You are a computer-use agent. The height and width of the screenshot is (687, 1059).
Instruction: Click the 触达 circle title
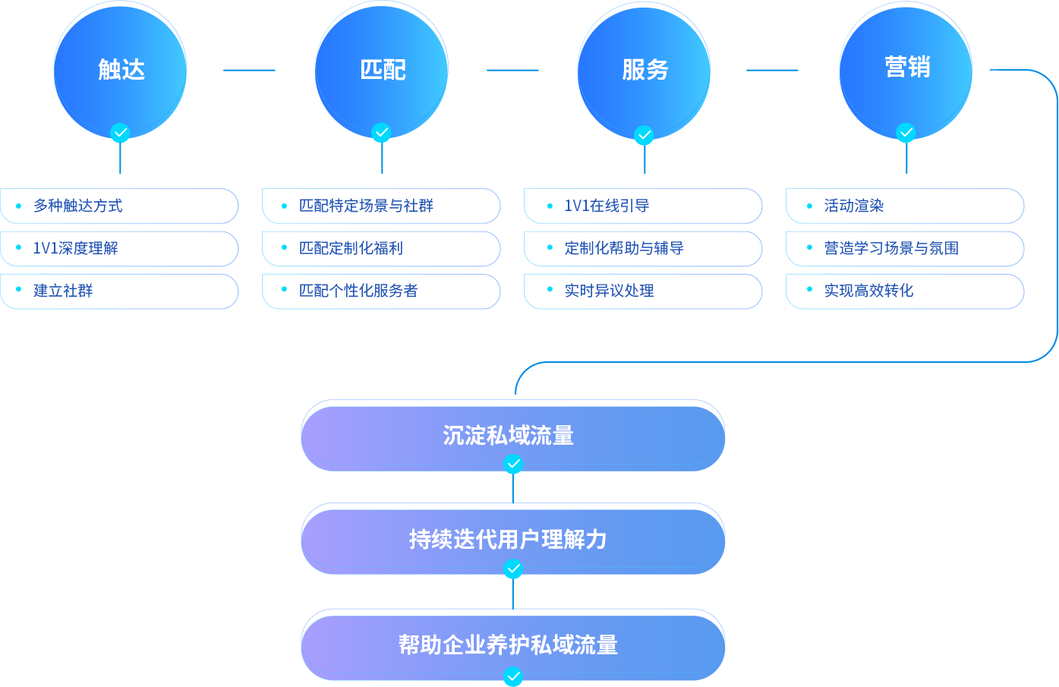[x=121, y=70]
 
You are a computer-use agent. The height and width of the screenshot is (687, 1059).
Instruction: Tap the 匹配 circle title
[x=383, y=70]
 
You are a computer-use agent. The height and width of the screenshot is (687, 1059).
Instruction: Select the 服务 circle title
[x=645, y=70]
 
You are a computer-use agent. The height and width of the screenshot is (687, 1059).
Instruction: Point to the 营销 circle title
[x=907, y=67]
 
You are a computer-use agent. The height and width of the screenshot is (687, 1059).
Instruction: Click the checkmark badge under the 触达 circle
[x=120, y=133]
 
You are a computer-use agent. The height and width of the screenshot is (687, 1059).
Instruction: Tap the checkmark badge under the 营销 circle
[x=906, y=133]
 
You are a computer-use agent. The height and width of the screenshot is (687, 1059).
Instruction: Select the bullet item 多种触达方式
[x=78, y=206]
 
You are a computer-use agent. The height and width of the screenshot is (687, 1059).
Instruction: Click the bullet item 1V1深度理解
[x=76, y=248]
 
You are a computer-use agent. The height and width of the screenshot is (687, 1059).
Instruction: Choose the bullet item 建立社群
[x=63, y=290]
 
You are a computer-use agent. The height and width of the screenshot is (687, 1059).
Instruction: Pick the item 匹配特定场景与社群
[x=366, y=206]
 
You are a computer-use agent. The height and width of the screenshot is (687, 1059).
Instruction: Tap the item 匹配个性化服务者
[x=358, y=290]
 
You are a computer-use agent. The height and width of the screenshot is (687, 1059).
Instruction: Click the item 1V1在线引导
[x=607, y=206]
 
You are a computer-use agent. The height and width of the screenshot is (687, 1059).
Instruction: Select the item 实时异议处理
[x=610, y=290]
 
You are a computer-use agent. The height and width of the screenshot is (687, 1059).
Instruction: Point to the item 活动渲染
[x=854, y=206]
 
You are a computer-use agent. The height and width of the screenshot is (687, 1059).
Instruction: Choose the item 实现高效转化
[x=868, y=290]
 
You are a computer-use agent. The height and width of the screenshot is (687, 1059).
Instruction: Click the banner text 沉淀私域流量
[x=508, y=435]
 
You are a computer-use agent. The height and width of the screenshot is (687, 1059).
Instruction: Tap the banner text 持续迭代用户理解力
[x=508, y=539]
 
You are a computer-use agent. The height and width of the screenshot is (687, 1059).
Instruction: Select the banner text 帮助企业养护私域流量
[x=508, y=644]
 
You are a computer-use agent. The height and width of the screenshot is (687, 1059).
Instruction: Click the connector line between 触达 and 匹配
[x=249, y=71]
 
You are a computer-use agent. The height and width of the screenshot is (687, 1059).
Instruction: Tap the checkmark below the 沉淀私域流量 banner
[x=513, y=464]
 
